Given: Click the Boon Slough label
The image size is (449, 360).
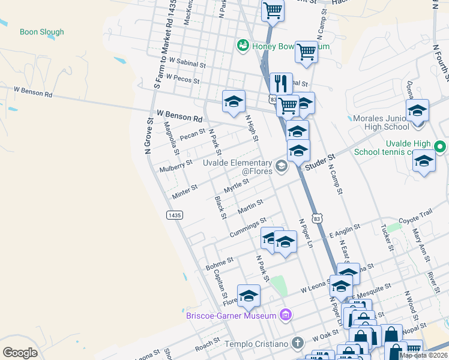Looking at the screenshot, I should tap(42, 32).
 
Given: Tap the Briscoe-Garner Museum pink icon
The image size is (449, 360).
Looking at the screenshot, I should tap(286, 315).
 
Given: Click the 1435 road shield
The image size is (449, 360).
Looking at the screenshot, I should tap(174, 215).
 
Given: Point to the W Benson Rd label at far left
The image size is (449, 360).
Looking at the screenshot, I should tap(33, 92).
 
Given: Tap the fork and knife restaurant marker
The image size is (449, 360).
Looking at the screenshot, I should tap(281, 83).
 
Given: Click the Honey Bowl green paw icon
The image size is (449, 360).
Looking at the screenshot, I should tap(243, 45).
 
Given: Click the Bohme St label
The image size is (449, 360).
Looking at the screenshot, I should tap(220, 263).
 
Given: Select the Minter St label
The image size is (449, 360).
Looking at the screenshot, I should tap(185, 191).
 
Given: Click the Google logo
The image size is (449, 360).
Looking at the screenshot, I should tap(20, 352).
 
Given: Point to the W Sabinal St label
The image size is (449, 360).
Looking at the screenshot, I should tap(187, 61).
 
